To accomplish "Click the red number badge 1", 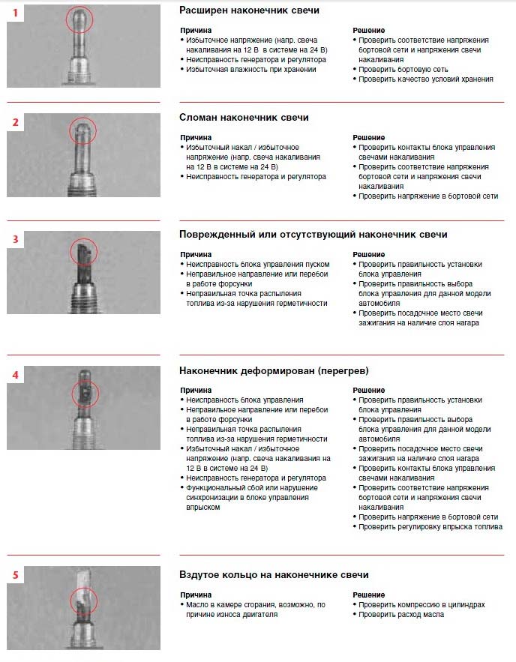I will pos(16,13).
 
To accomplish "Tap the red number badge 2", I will pos(16,121).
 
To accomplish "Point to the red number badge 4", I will pos(16,373).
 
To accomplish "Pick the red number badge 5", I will pos(16,575).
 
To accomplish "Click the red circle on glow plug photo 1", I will pos(79,19).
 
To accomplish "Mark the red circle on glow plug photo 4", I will pos(85,393).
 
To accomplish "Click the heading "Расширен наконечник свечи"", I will pos(249,10).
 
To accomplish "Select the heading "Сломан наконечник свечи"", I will pos(244,118).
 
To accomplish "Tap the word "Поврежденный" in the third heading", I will pos(214,235).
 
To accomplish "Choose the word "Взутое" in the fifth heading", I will pos(199,574).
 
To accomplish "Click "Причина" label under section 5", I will pos(196,594).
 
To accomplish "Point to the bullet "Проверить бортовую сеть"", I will pos(403,69).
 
